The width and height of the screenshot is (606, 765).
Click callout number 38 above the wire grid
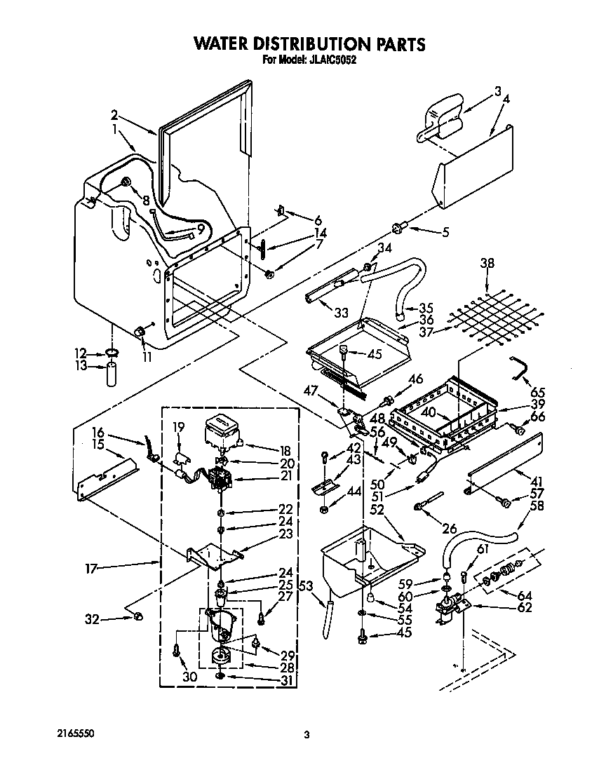point(487,264)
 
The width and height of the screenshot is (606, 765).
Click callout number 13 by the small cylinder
point(82,366)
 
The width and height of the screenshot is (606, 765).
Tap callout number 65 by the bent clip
point(538,392)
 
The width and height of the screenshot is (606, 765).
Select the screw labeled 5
point(398,226)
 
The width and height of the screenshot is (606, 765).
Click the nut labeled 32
point(138,616)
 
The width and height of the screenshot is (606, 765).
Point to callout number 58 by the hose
point(537,506)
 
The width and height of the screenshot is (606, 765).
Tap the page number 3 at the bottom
point(307,735)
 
